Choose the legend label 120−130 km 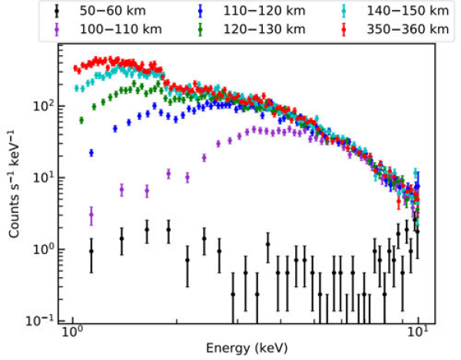253,30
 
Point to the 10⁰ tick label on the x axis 72,335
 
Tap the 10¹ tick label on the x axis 418,335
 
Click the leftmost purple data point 91,217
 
